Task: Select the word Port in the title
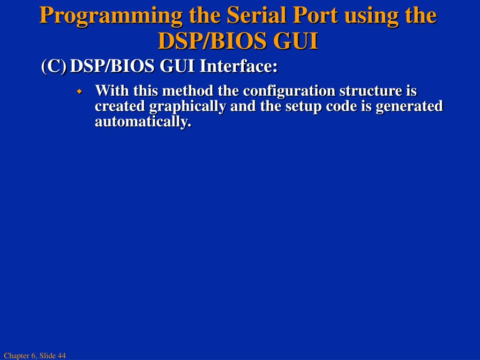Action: (x=316, y=16)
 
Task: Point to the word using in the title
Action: (x=371, y=16)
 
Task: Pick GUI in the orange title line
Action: (x=296, y=41)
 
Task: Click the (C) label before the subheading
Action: (x=53, y=67)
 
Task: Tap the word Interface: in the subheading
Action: (x=239, y=67)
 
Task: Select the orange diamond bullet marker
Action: (x=79, y=90)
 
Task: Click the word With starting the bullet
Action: (x=112, y=90)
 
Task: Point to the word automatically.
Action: (x=143, y=122)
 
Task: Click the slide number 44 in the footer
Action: (x=61, y=356)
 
